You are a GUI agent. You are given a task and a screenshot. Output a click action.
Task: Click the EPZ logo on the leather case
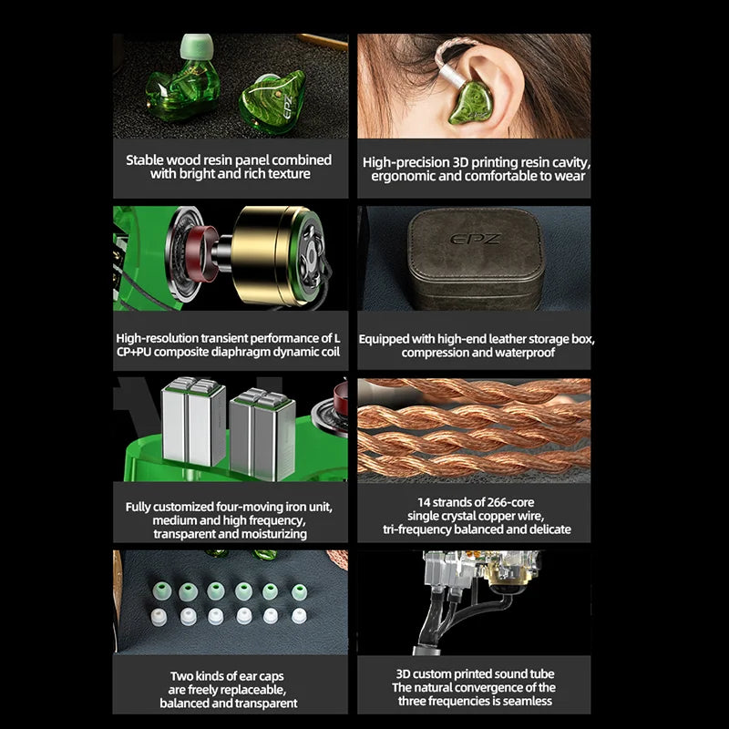coord(475,239)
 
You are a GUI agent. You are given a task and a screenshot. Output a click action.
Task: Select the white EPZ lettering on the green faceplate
coord(287,107)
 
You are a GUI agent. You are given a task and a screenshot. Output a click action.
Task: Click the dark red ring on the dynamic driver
coord(202,253)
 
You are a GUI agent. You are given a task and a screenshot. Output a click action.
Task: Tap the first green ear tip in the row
coord(162,591)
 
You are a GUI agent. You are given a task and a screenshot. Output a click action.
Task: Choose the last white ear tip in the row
coord(299,616)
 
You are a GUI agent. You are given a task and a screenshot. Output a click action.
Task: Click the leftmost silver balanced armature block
coord(193,421)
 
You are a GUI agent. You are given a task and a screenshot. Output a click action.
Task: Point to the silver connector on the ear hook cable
coord(452,76)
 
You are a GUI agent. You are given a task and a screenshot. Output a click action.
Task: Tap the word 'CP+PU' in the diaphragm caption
coord(134,352)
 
